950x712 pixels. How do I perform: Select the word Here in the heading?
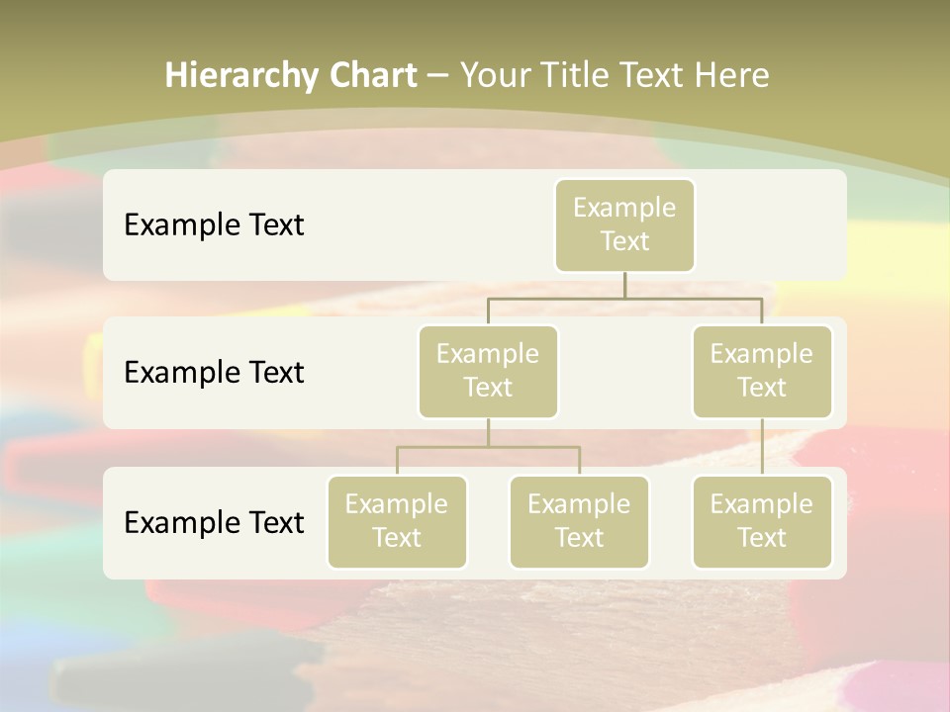pos(733,75)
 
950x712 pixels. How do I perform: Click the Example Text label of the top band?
pos(214,225)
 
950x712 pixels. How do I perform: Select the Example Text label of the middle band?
pos(214,373)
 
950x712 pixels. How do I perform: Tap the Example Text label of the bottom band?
pos(214,522)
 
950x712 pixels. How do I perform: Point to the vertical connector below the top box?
pos(624,285)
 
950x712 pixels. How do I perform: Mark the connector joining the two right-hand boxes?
pos(762,447)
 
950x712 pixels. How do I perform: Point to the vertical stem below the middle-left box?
pos(488,432)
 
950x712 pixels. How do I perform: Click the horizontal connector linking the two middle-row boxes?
pos(554,298)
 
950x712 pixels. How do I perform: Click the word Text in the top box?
pos(624,241)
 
